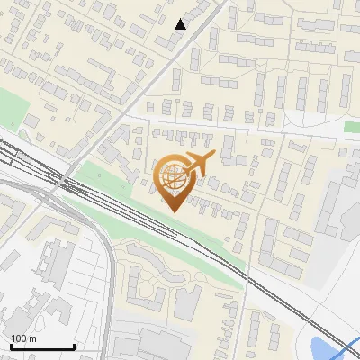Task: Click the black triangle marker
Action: click(181, 24)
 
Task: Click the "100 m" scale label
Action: click(24, 338)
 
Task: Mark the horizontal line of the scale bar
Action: click(42, 347)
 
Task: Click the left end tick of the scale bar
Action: click(11, 346)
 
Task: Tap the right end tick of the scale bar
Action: click(74, 346)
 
